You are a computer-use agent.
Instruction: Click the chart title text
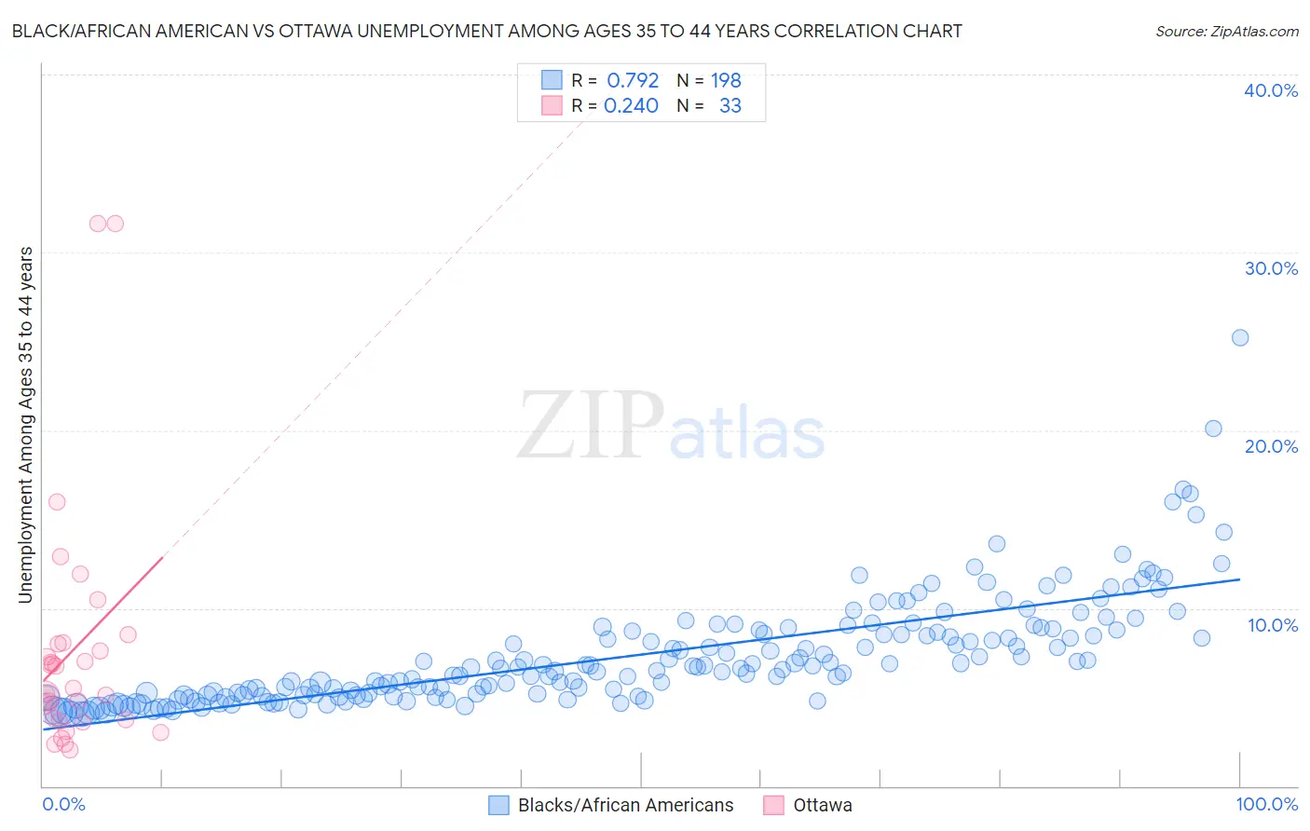486,31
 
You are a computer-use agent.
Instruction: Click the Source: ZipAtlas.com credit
1226,31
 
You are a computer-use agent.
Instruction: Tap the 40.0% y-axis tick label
1270,90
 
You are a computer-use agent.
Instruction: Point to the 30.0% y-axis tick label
1270,268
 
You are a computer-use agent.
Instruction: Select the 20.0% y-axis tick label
1270,446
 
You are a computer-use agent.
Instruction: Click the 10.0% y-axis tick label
1272,625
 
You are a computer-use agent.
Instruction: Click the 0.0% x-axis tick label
63,804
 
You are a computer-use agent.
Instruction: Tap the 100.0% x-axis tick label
1266,804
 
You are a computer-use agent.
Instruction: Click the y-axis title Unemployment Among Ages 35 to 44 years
26,425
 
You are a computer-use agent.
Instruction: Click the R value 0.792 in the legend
633,81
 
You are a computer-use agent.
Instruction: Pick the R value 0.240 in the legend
631,106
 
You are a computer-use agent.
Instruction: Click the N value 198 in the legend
726,81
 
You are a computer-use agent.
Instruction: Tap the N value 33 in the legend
730,106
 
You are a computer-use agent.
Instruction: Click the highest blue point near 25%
1239,338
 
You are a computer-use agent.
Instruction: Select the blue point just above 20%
1213,429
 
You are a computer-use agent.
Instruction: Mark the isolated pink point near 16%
57,502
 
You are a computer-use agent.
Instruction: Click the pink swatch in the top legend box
552,105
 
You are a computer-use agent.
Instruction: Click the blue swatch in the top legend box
552,80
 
